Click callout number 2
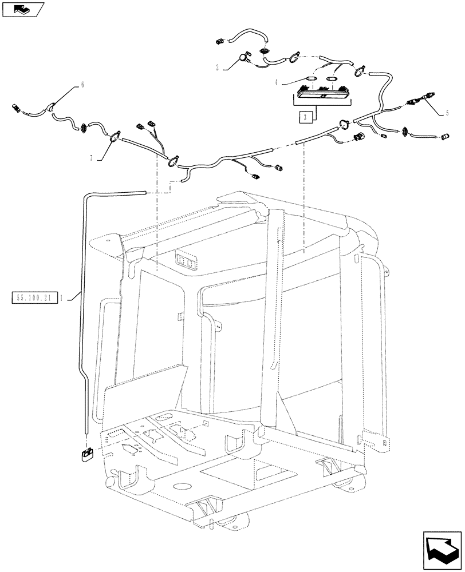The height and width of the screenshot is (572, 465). [217, 67]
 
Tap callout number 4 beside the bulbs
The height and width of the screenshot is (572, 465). [276, 82]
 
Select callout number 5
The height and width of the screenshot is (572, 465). [446, 113]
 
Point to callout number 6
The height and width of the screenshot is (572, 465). [81, 84]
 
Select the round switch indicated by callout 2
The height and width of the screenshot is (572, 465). [243, 56]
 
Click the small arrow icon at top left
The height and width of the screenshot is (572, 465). [23, 9]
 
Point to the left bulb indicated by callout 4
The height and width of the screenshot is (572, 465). [313, 78]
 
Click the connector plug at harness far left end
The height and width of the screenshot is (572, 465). [18, 107]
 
